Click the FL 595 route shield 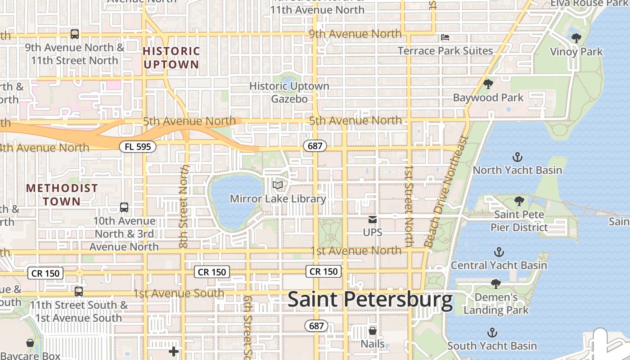[138, 146]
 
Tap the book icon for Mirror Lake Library [278, 185]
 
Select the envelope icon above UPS [373, 220]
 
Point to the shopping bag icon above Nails [373, 331]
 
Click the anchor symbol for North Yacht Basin [517, 157]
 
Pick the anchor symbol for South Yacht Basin [492, 333]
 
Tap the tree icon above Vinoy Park [576, 38]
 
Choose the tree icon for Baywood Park [488, 84]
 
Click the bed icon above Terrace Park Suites [445, 37]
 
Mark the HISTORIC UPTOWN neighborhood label [171, 58]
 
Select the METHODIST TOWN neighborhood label [62, 194]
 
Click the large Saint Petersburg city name [370, 300]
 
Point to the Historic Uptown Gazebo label [289, 92]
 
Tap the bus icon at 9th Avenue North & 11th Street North [75, 34]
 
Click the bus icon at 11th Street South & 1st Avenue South [79, 292]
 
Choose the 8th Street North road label [184, 206]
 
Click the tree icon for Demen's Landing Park [495, 284]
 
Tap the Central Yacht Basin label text [499, 265]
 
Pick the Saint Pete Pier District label [519, 220]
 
